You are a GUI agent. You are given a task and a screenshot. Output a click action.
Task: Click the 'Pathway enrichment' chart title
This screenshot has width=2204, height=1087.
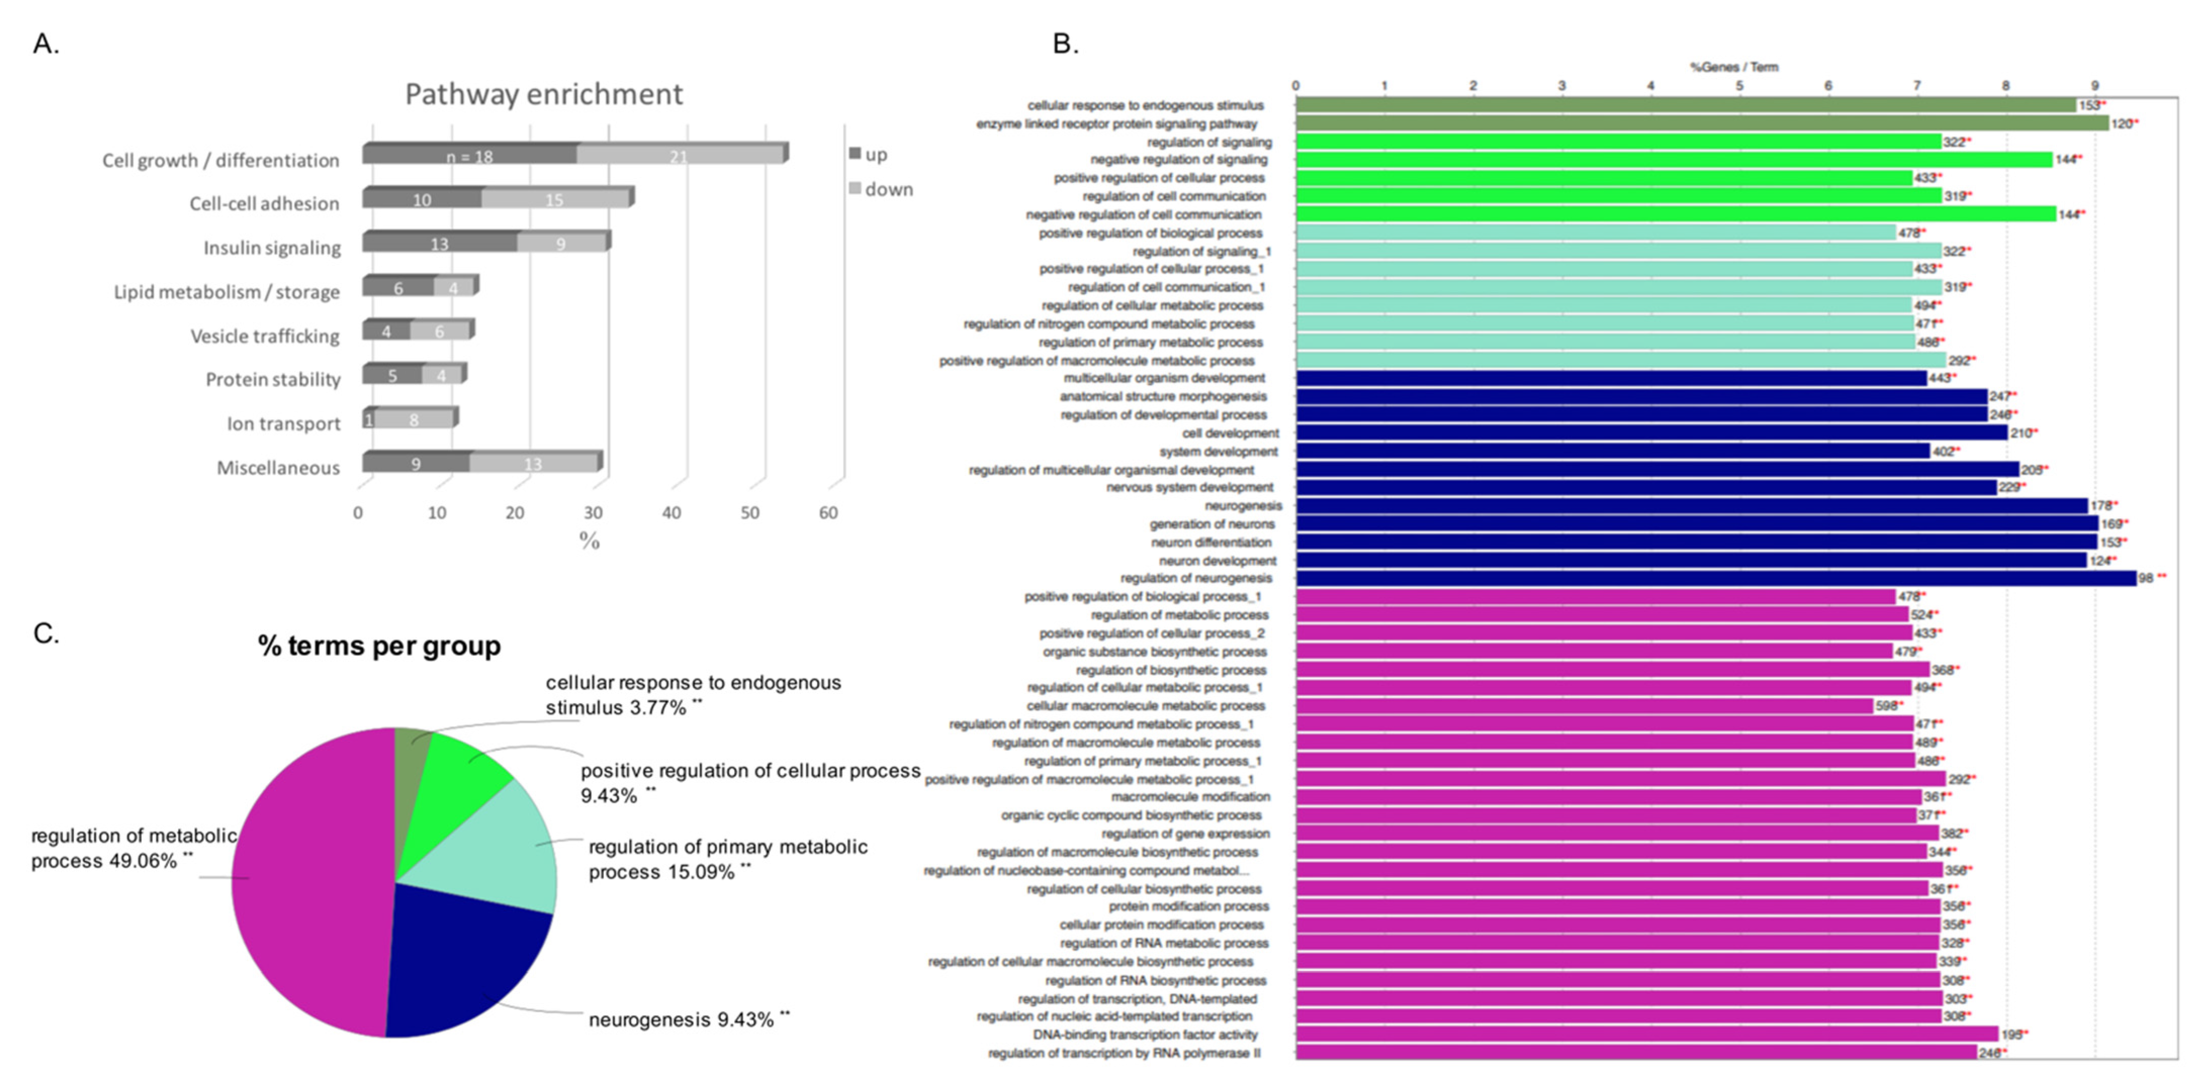pos(543,94)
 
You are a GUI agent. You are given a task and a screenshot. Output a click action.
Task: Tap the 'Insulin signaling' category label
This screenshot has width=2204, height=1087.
pos(271,248)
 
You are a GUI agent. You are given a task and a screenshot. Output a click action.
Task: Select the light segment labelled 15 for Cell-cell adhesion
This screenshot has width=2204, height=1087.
pos(555,200)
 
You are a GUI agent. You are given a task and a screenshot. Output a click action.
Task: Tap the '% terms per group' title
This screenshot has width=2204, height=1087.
pos(379,646)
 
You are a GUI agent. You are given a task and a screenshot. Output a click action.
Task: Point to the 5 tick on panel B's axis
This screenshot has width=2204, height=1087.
pos(1739,85)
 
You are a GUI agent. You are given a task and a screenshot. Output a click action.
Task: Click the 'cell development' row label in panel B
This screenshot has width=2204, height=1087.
pos(1230,433)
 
